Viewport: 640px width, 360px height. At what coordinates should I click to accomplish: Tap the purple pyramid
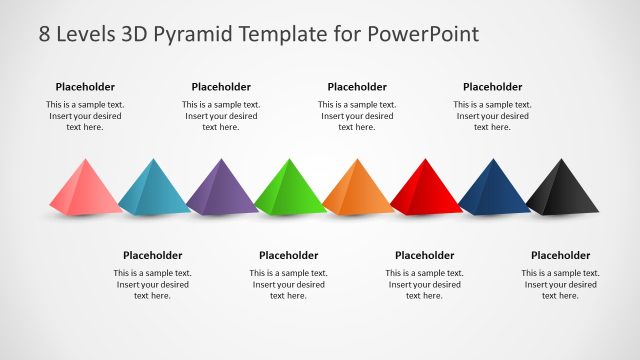[x=221, y=188]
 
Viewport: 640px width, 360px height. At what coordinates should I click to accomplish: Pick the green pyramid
[x=289, y=188]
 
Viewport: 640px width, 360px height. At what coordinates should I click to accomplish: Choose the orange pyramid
[x=357, y=188]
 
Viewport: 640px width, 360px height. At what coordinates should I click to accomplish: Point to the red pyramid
[x=425, y=188]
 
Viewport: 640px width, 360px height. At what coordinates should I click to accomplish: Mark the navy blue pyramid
[x=493, y=188]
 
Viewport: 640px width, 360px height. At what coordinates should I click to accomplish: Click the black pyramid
[x=561, y=188]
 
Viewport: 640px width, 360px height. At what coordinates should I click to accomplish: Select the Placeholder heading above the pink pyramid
[x=85, y=87]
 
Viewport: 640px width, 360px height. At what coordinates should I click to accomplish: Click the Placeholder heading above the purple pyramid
[x=221, y=87]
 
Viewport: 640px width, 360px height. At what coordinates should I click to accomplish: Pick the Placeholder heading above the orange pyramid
[x=357, y=87]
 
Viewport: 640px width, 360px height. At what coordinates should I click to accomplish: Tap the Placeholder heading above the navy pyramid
[x=492, y=87]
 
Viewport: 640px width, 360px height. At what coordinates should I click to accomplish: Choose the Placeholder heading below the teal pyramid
[x=153, y=255]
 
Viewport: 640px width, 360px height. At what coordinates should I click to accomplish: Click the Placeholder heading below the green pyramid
[x=289, y=255]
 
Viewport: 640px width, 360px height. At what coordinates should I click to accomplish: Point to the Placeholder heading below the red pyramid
[x=425, y=255]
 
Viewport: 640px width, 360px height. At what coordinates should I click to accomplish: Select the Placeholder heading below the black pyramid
[x=560, y=255]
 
